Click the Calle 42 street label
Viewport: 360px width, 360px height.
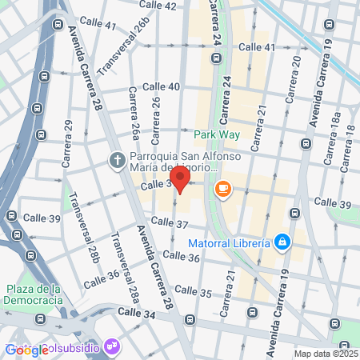pos(158,6)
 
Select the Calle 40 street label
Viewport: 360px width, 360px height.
pos(161,86)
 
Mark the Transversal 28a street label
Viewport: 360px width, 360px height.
pos(125,264)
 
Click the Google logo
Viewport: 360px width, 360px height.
pos(26,350)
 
